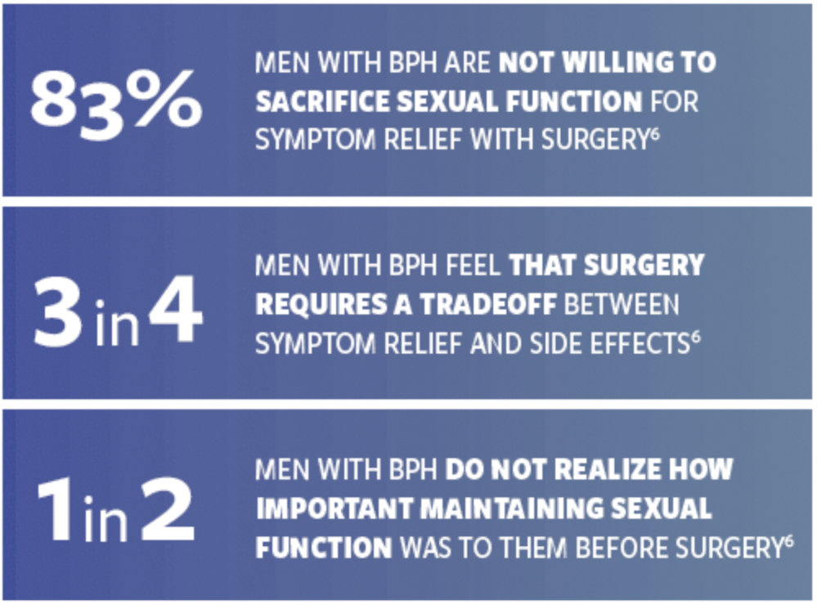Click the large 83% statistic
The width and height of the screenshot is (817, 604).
[x=115, y=104]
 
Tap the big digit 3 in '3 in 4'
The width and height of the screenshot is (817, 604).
[x=58, y=311]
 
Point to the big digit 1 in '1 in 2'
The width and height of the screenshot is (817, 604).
[x=54, y=510]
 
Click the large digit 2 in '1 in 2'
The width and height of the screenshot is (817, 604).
[x=168, y=510]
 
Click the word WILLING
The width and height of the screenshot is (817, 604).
[x=617, y=62]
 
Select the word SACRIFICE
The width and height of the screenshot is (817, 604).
[x=322, y=101]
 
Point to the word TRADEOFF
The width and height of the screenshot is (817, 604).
[x=488, y=305]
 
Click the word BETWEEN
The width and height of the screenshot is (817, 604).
[x=622, y=305]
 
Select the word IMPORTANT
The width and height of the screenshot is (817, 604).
[x=334, y=508]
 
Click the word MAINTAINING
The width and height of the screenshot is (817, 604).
[x=512, y=508]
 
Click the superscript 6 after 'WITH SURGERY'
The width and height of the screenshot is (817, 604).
[x=655, y=133]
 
